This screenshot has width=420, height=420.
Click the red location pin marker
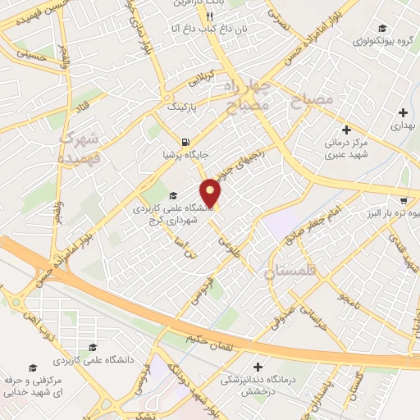point(211,193)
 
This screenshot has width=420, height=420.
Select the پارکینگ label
point(183,107)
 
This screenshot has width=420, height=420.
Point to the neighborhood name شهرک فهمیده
point(79,146)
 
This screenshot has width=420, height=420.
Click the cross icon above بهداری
point(403,112)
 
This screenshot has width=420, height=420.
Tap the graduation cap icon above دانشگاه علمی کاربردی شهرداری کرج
point(173,195)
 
